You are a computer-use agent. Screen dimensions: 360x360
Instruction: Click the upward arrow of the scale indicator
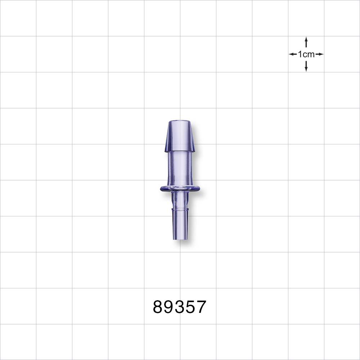(x=306, y=42)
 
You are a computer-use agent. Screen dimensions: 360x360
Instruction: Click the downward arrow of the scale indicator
(x=306, y=66)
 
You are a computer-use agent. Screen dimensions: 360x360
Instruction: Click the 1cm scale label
(x=306, y=54)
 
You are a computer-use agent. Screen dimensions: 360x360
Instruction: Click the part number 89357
(x=180, y=307)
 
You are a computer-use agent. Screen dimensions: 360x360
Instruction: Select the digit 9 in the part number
(x=169, y=307)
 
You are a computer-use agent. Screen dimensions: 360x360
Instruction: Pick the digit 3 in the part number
(x=180, y=307)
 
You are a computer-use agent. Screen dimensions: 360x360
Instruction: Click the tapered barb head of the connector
(x=180, y=137)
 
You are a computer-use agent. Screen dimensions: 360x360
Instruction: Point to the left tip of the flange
(x=159, y=188)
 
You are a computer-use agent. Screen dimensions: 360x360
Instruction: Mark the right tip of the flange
(x=200, y=188)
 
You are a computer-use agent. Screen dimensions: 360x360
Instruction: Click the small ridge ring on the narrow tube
(x=180, y=209)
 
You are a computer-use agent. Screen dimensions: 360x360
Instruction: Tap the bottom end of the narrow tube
(x=180, y=239)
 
